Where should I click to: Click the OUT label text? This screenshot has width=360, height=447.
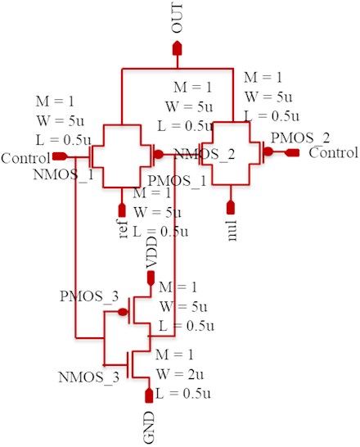pyautogui.click(x=177, y=18)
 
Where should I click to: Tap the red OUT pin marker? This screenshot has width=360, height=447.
pyautogui.click(x=178, y=47)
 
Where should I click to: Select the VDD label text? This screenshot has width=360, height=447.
pyautogui.click(x=151, y=252)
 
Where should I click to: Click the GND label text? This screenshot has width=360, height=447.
pyautogui.click(x=149, y=427)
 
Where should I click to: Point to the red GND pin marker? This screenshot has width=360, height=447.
pyautogui.click(x=149, y=395)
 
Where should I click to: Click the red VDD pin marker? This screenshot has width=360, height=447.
pyautogui.click(x=151, y=278)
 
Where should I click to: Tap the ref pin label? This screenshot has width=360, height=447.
pyautogui.click(x=123, y=229)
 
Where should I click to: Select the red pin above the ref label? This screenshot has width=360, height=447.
pyautogui.click(x=122, y=210)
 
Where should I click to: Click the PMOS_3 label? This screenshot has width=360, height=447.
pyautogui.click(x=89, y=296)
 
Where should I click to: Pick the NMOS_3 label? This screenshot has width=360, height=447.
pyautogui.click(x=88, y=377)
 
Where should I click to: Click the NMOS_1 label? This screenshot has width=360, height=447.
pyautogui.click(x=63, y=174)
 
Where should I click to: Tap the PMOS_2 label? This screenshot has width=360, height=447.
pyautogui.click(x=300, y=138)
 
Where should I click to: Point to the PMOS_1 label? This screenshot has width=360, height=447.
pyautogui.click(x=177, y=181)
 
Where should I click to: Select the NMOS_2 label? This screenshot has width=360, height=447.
pyautogui.click(x=205, y=154)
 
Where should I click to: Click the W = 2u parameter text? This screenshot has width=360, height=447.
pyautogui.click(x=180, y=374)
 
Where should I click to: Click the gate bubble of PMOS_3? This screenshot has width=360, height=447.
pyautogui.click(x=123, y=312)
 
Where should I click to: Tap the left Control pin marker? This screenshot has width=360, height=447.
pyautogui.click(x=60, y=156)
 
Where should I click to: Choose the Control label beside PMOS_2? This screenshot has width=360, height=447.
pyautogui.click(x=334, y=153)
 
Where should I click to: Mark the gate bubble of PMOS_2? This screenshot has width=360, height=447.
pyautogui.click(x=268, y=151)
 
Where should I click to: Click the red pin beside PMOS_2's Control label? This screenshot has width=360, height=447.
pyautogui.click(x=292, y=153)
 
